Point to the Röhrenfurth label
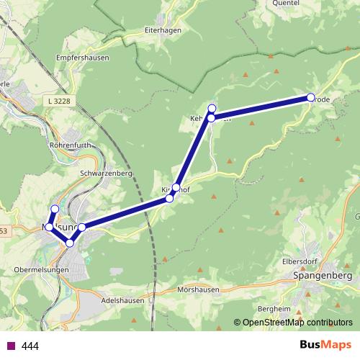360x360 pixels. [68, 145]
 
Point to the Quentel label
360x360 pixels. [287, 3]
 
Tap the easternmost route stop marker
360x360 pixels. [310, 97]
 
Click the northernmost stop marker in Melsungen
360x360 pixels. [54, 209]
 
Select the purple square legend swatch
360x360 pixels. [11, 346]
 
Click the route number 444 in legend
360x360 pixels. [30, 346]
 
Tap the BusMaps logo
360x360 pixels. [323, 345]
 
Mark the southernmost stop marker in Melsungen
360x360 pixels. [70, 243]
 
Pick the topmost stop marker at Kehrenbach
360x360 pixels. [212, 109]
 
